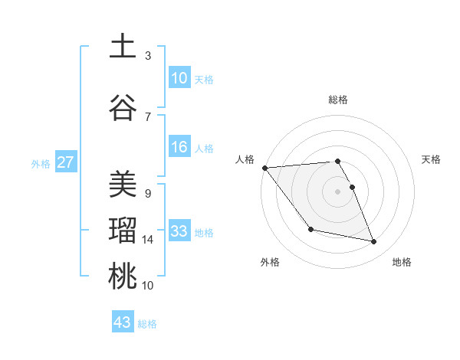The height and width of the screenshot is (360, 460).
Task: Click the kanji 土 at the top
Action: pos(122,46)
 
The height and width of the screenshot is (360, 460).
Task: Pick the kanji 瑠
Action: pos(122,231)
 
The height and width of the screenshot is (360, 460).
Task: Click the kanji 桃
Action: pos(122,277)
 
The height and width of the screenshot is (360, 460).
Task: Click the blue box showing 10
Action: pos(179,78)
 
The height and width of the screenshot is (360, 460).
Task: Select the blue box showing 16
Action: pos(179,147)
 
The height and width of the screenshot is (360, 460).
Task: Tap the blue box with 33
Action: pos(179,231)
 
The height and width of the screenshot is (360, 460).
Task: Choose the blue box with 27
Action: pos(66,162)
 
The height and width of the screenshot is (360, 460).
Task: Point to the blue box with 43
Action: pos(123,322)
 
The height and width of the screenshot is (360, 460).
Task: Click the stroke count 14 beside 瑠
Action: pos(149,240)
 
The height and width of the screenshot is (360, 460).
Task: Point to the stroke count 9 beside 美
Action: pos(148,193)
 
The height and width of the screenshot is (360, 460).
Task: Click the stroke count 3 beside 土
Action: pos(148,55)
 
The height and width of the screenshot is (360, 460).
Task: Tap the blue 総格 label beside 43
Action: pos(147,324)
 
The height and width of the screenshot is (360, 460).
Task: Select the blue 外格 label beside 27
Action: pos(41,163)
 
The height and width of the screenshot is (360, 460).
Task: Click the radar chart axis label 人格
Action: pos(245,159)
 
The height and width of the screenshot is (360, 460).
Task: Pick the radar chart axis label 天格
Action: pos(432,159)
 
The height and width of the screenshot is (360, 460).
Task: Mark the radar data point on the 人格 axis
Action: pos(264,168)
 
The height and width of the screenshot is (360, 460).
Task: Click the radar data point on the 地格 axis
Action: pos(374,242)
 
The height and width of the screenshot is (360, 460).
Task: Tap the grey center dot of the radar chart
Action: pos(337,191)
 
